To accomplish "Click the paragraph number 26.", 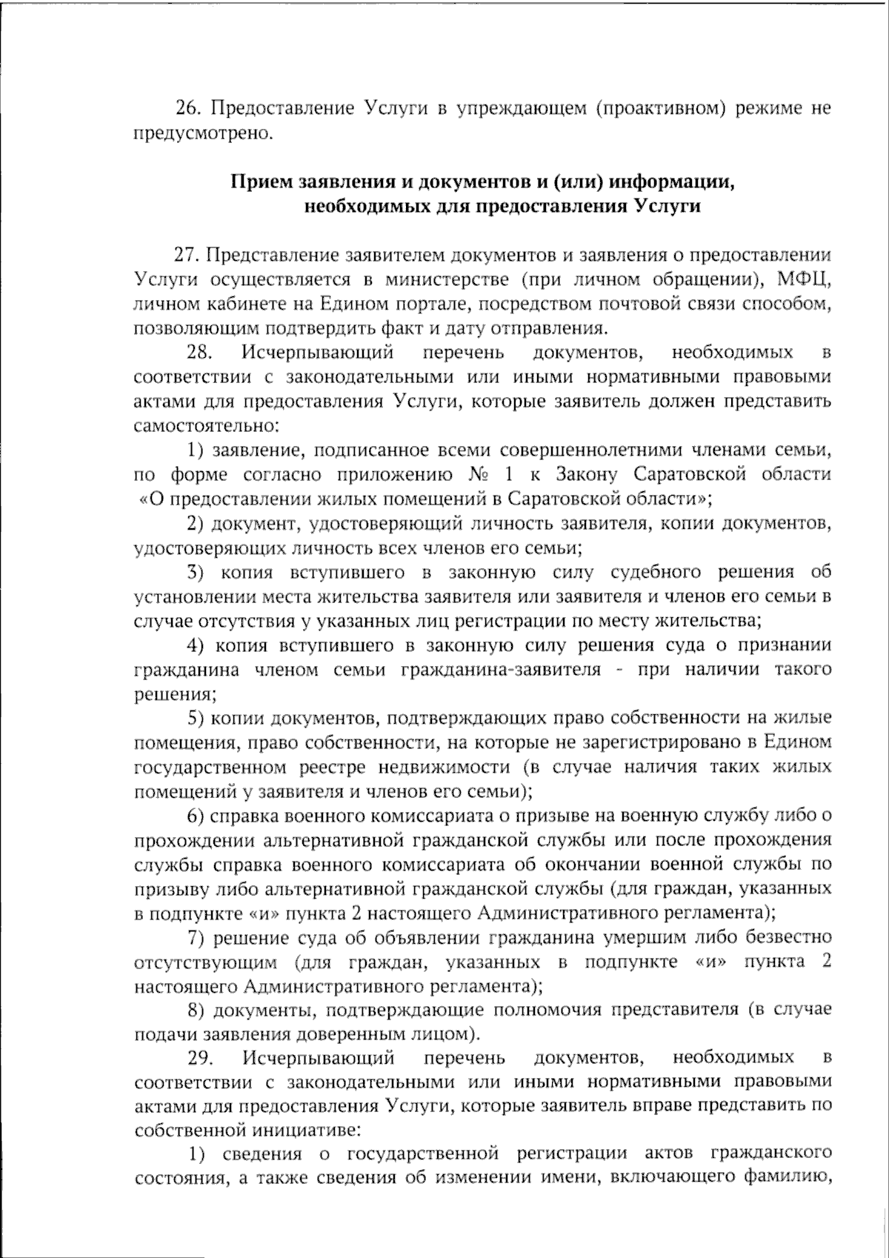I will [188, 109].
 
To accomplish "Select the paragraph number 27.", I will [187, 255].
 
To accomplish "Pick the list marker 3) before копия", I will [195, 572].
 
